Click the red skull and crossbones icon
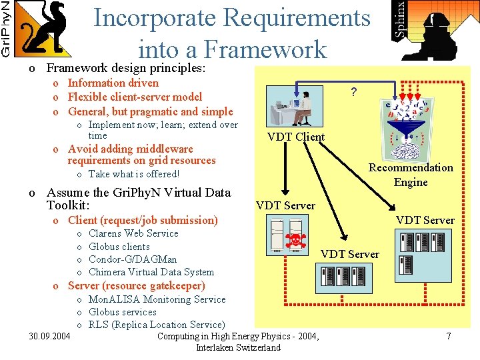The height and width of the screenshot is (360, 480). [x=294, y=242]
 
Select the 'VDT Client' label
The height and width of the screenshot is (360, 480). [x=295, y=137]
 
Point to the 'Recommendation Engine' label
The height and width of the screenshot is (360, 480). [x=411, y=175]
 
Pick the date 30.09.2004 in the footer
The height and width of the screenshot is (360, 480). [x=50, y=337]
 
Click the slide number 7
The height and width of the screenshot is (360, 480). [x=449, y=337]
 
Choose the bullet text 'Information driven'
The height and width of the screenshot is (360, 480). [x=113, y=83]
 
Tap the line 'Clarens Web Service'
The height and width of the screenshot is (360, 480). [x=133, y=233]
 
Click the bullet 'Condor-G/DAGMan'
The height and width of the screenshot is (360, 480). [x=133, y=259]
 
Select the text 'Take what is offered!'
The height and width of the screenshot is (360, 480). [x=133, y=174]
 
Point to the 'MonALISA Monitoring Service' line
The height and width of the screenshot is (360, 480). [x=157, y=299]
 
